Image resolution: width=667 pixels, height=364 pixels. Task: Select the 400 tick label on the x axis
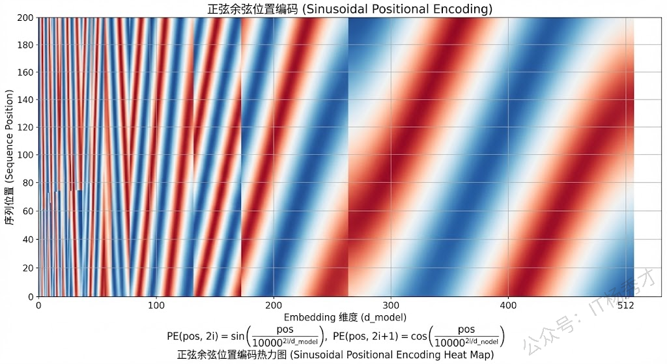508,305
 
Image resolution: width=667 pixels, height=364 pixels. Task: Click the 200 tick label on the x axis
274,305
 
